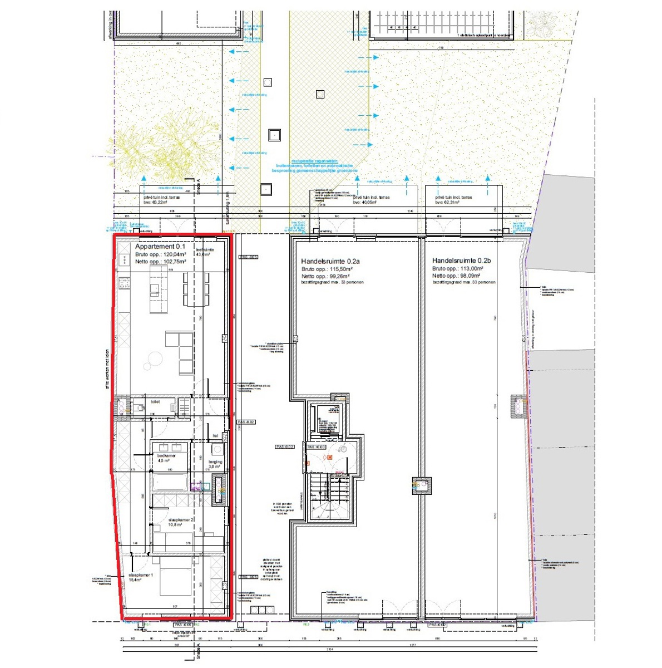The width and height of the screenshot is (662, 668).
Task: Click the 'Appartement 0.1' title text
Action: [x=160, y=246]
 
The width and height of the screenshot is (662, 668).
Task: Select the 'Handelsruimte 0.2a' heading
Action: [x=330, y=261]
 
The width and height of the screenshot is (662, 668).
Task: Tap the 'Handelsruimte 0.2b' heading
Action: [x=462, y=261]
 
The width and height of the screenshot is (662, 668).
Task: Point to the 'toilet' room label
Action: [x=155, y=401]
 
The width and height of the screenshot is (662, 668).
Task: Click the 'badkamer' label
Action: [x=166, y=455]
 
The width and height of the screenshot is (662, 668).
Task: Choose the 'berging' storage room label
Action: [x=215, y=461]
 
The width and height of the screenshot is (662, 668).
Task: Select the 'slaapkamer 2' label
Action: [x=181, y=519]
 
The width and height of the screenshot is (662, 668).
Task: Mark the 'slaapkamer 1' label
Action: [x=141, y=574]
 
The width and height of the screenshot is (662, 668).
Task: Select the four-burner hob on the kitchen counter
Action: [x=124, y=283]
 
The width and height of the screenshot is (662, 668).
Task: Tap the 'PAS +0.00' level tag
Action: [x=317, y=447]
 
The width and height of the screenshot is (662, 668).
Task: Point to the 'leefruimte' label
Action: [x=205, y=250]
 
